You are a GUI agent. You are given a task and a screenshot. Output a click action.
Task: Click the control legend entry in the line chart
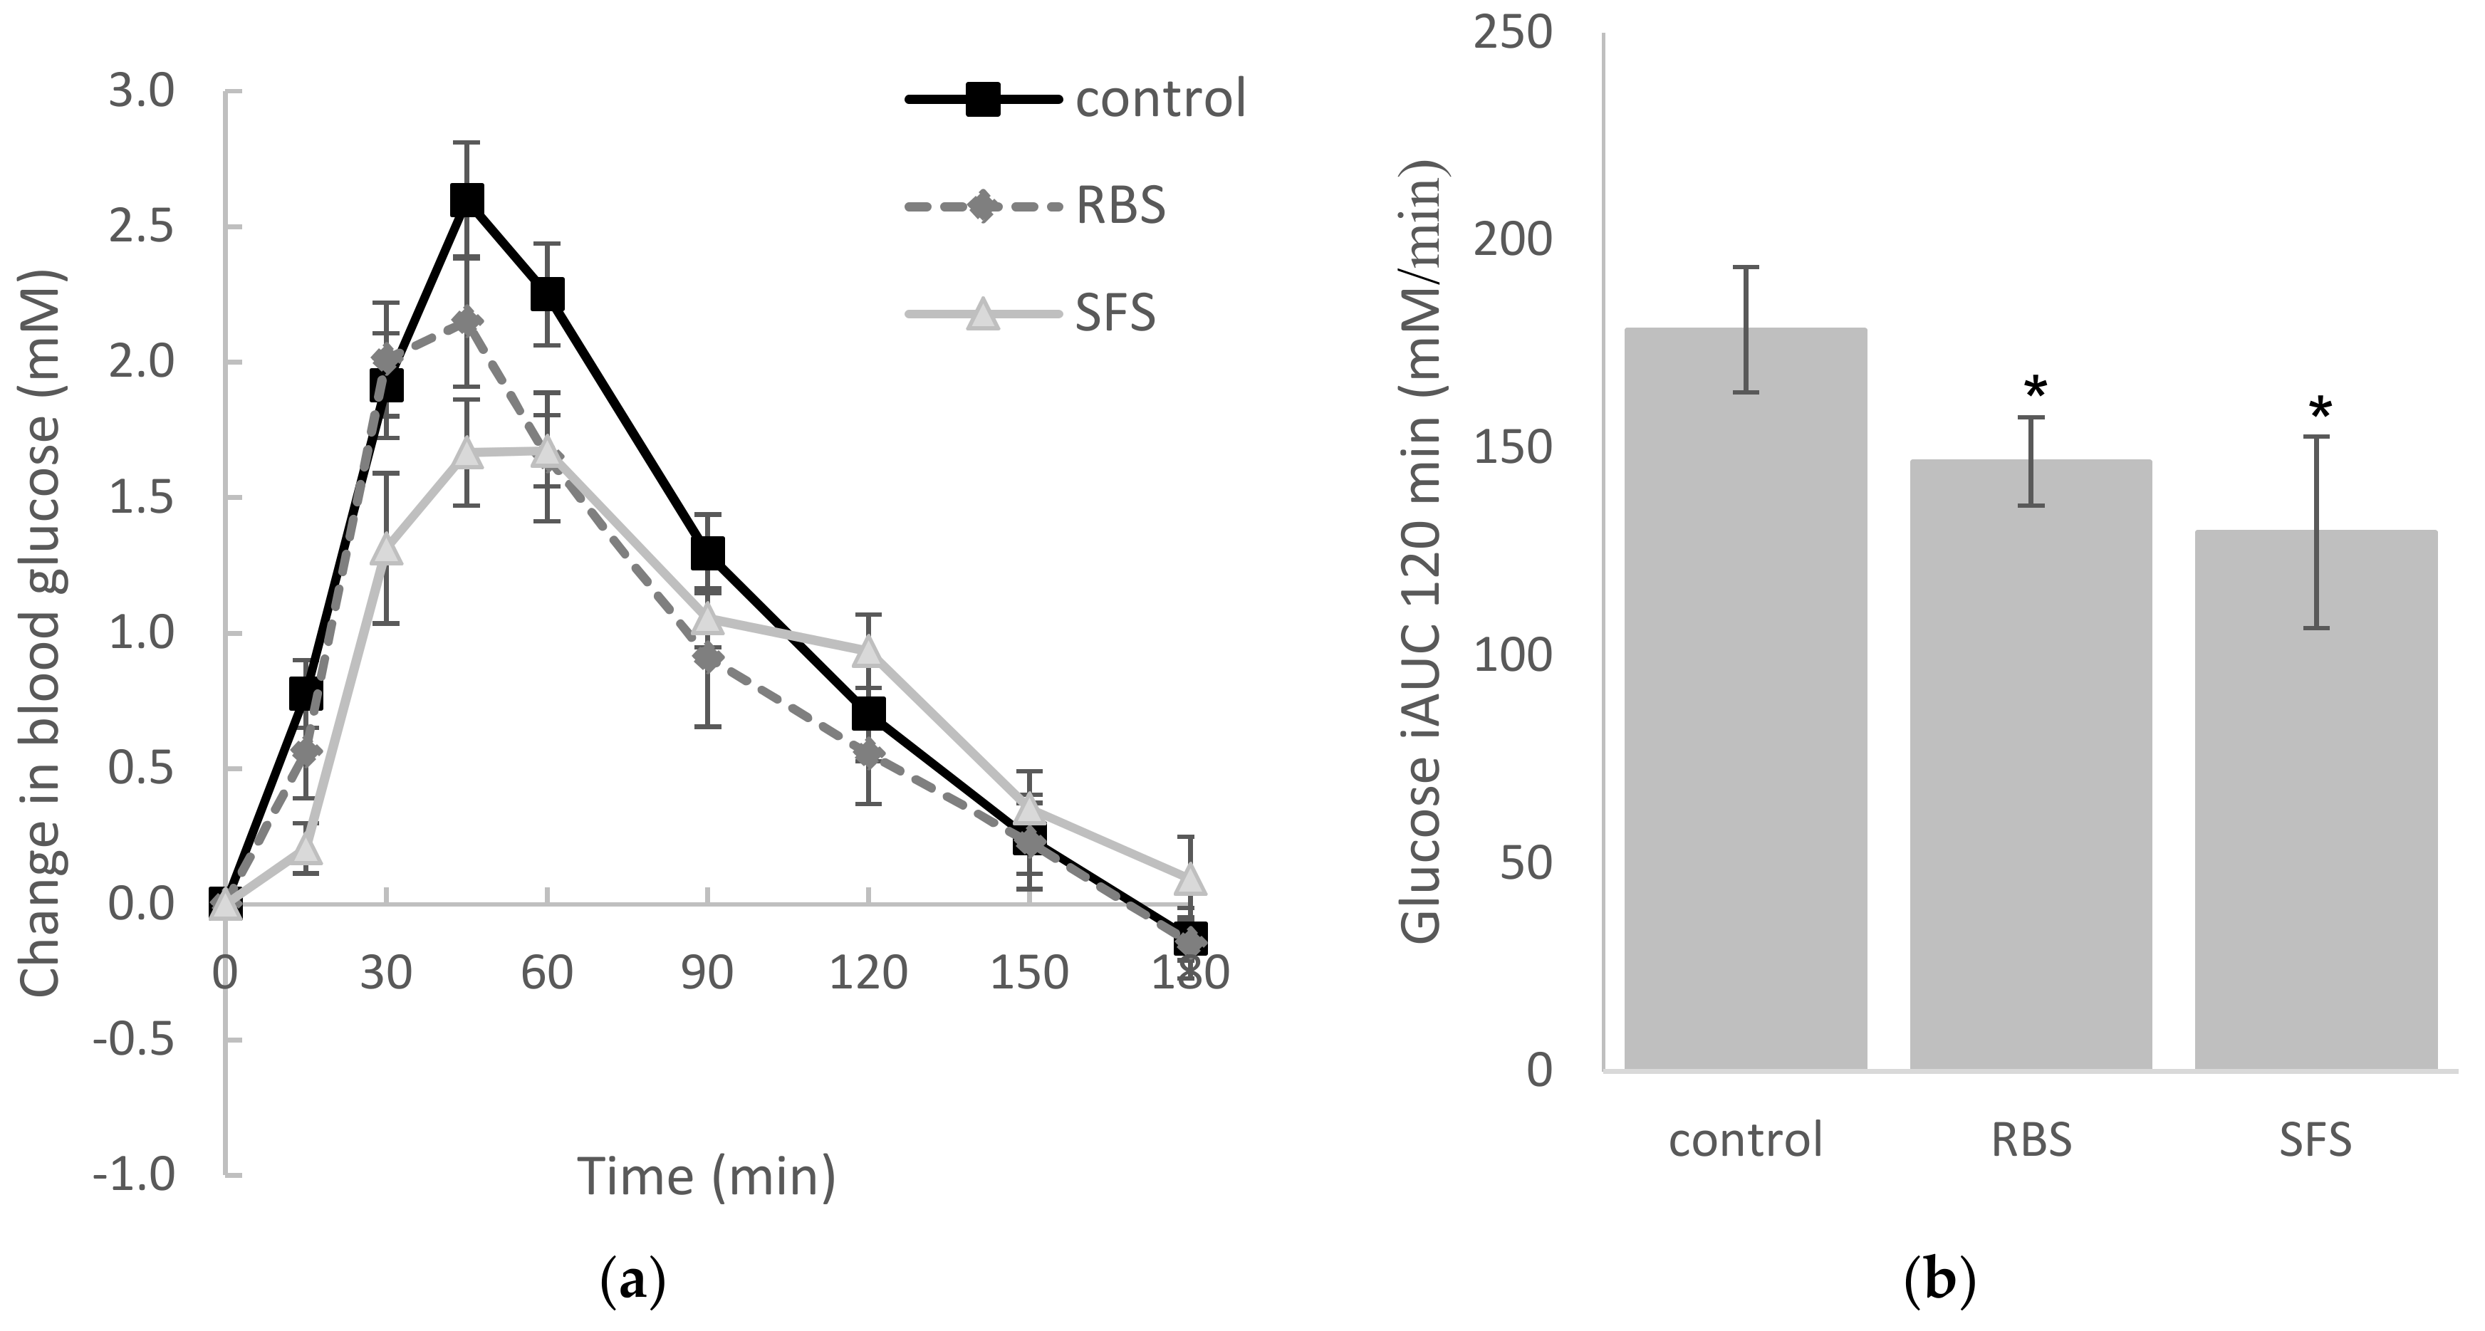(1075, 99)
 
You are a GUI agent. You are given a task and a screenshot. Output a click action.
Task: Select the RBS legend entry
(1037, 207)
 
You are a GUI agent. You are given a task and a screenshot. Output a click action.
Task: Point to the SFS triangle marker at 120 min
(869, 651)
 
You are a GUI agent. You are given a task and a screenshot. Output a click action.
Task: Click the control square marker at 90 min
(708, 553)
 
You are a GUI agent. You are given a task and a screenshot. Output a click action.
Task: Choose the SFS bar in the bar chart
(2315, 800)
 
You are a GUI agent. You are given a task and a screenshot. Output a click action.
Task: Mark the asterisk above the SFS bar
(2320, 410)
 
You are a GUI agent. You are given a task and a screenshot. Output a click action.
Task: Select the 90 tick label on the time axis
(707, 974)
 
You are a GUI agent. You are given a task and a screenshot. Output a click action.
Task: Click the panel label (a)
(633, 1284)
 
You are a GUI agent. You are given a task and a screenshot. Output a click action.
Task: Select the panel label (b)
(1940, 1284)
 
